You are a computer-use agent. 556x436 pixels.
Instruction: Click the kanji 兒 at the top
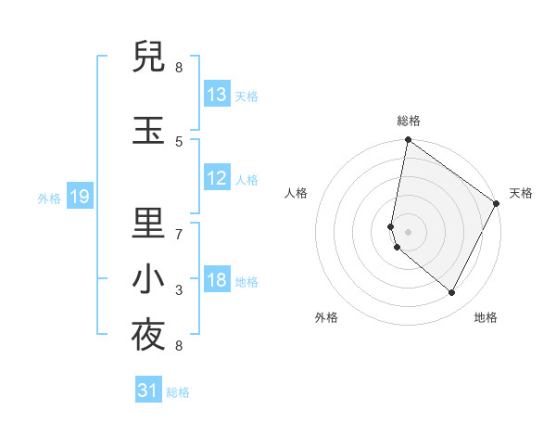coord(148,58)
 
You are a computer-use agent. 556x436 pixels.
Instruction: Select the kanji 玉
coord(148,129)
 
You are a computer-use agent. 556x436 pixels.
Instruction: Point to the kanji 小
coord(148,279)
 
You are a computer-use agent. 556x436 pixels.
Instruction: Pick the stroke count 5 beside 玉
coord(179,141)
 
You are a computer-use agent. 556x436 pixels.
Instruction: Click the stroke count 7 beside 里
coord(179,234)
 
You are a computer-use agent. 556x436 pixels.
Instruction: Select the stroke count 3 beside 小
coord(179,290)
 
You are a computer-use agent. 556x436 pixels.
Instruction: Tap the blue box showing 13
coord(217,95)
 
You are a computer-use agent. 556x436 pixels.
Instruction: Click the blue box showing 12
coord(217,179)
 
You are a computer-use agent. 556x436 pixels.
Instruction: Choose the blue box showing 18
coord(217,280)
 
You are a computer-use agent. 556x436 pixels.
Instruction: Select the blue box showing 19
coord(79,197)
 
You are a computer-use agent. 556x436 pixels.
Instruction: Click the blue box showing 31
coord(148,391)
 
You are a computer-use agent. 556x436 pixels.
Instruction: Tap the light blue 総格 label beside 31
coord(178,392)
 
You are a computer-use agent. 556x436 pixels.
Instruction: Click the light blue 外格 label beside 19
coord(49,198)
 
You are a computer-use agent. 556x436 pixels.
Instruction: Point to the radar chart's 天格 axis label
coord(521,193)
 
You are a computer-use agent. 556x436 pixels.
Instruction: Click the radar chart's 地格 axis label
coord(486,317)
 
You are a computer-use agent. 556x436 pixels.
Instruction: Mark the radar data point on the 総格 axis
coord(408,141)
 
